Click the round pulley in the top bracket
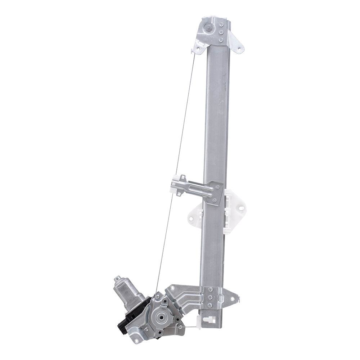coord(208,28)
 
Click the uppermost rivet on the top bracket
coord(221,24)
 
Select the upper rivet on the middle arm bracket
coord(217,187)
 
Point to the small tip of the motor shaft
coord(117,278)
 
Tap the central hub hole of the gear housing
coord(159,318)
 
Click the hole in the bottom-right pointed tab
coord(234,298)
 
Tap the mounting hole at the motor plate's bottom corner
coord(136,340)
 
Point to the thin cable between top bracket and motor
coord(176,166)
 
